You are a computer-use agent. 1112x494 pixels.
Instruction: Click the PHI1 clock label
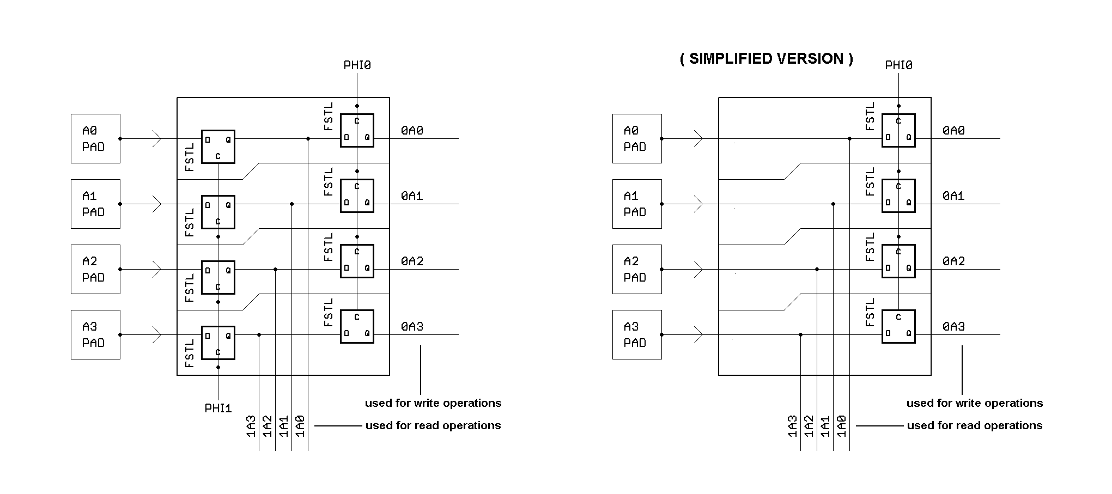pos(218,408)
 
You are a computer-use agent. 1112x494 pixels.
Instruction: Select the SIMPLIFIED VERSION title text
pos(766,59)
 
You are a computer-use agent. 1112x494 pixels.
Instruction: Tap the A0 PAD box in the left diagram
pos(95,138)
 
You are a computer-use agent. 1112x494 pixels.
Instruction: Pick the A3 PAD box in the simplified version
pos(637,334)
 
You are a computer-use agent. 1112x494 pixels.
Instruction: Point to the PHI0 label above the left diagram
pos(357,65)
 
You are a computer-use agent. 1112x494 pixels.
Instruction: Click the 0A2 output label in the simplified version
pos(953,261)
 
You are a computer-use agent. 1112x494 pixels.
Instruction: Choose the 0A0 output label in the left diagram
pos(412,131)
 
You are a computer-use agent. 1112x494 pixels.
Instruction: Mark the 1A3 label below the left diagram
pos(251,426)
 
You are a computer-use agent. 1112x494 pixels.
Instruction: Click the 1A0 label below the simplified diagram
pos(842,426)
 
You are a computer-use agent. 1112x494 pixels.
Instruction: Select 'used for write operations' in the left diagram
pos(433,403)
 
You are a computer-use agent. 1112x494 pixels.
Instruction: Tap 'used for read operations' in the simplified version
pos(975,425)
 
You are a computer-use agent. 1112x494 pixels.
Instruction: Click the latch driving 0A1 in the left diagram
pos(357,196)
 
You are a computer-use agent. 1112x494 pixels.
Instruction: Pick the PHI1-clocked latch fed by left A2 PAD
pos(218,277)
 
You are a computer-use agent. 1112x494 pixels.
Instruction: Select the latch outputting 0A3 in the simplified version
pos(898,326)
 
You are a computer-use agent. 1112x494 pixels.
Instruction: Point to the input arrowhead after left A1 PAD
pos(157,204)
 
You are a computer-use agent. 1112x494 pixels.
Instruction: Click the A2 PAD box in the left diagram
pos(95,269)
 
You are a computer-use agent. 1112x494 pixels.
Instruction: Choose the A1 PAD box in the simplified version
pos(637,204)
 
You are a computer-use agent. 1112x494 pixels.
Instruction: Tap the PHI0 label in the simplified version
pos(898,65)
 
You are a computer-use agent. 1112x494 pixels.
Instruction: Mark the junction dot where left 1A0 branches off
pos(308,138)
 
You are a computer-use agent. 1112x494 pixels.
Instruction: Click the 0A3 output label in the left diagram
pos(412,327)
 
